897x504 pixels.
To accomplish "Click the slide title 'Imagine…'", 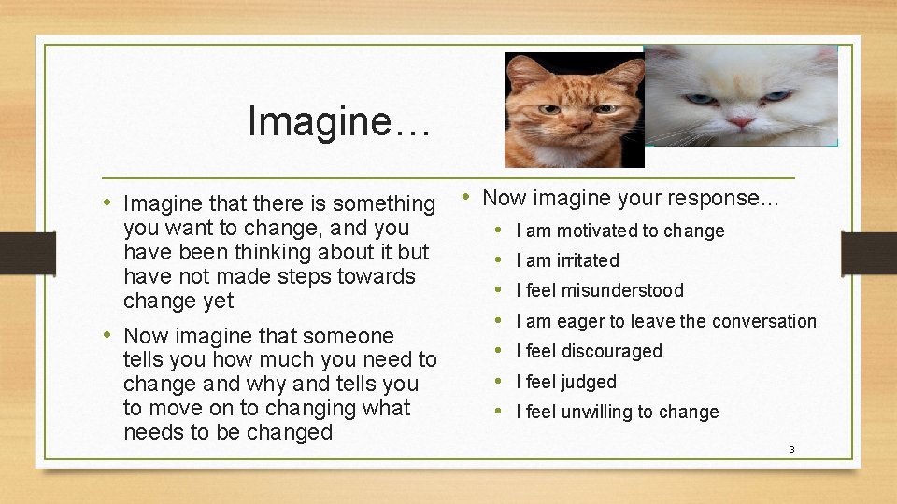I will point(339,121).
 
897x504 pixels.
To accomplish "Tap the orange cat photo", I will point(574,109).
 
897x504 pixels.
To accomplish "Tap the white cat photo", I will point(740,95).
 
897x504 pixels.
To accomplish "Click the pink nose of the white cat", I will point(741,121).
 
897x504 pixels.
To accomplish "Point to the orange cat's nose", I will point(572,125).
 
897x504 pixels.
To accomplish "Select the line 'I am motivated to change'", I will point(619,231).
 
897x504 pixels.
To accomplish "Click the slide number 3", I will point(791,450).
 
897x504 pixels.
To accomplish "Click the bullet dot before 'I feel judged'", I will point(498,382).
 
